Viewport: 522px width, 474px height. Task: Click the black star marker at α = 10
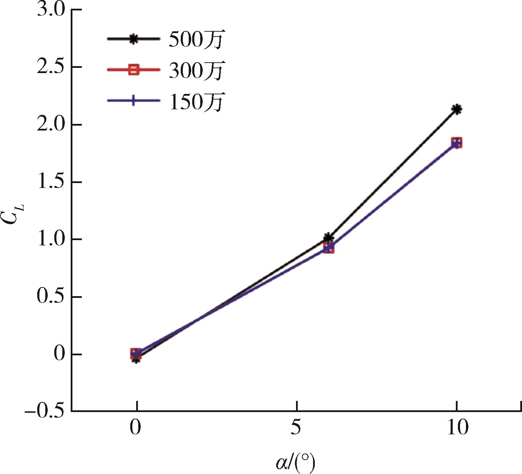pos(457,110)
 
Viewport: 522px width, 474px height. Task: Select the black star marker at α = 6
pos(328,238)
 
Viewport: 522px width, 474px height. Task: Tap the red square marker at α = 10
pos(457,143)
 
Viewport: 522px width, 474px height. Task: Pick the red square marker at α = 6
pos(328,248)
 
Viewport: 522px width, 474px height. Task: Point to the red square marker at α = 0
pos(136,354)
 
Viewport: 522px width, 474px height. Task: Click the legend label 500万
pos(196,39)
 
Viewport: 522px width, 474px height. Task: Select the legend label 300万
pos(196,71)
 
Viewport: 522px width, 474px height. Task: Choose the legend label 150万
pos(196,102)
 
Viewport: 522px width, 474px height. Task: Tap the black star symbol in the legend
pos(133,39)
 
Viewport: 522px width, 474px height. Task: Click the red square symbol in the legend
pos(133,70)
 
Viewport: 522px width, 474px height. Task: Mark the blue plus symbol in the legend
pos(133,101)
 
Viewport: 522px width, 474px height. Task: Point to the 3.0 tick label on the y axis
pos(51,10)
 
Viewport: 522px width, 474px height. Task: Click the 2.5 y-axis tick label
pos(51,67)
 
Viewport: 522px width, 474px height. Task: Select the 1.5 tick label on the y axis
pos(51,182)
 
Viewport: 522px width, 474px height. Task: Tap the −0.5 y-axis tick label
pos(45,411)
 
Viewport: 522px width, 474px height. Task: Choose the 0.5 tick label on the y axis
pos(51,297)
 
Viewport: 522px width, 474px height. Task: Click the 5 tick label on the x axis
pos(296,428)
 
